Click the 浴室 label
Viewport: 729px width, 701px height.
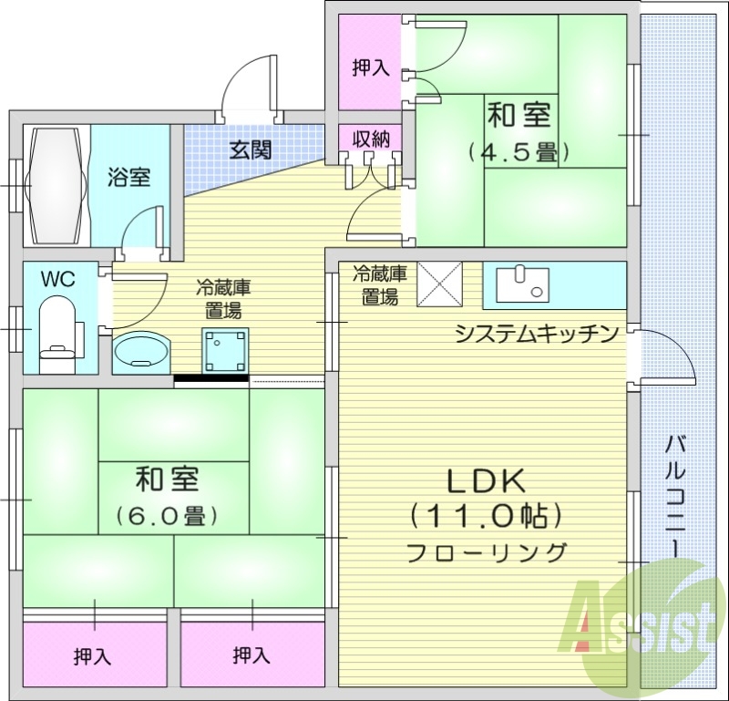(128, 177)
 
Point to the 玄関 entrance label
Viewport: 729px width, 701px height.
(250, 149)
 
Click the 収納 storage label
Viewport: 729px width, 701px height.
(371, 139)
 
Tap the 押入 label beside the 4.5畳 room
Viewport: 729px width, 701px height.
(371, 67)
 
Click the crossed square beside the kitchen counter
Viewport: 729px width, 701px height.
(440, 283)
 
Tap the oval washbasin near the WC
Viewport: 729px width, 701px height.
(142, 351)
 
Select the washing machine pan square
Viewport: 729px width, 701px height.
(225, 349)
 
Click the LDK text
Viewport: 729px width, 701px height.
(483, 480)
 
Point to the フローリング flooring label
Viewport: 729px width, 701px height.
(486, 552)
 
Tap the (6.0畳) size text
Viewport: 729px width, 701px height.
(167, 517)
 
